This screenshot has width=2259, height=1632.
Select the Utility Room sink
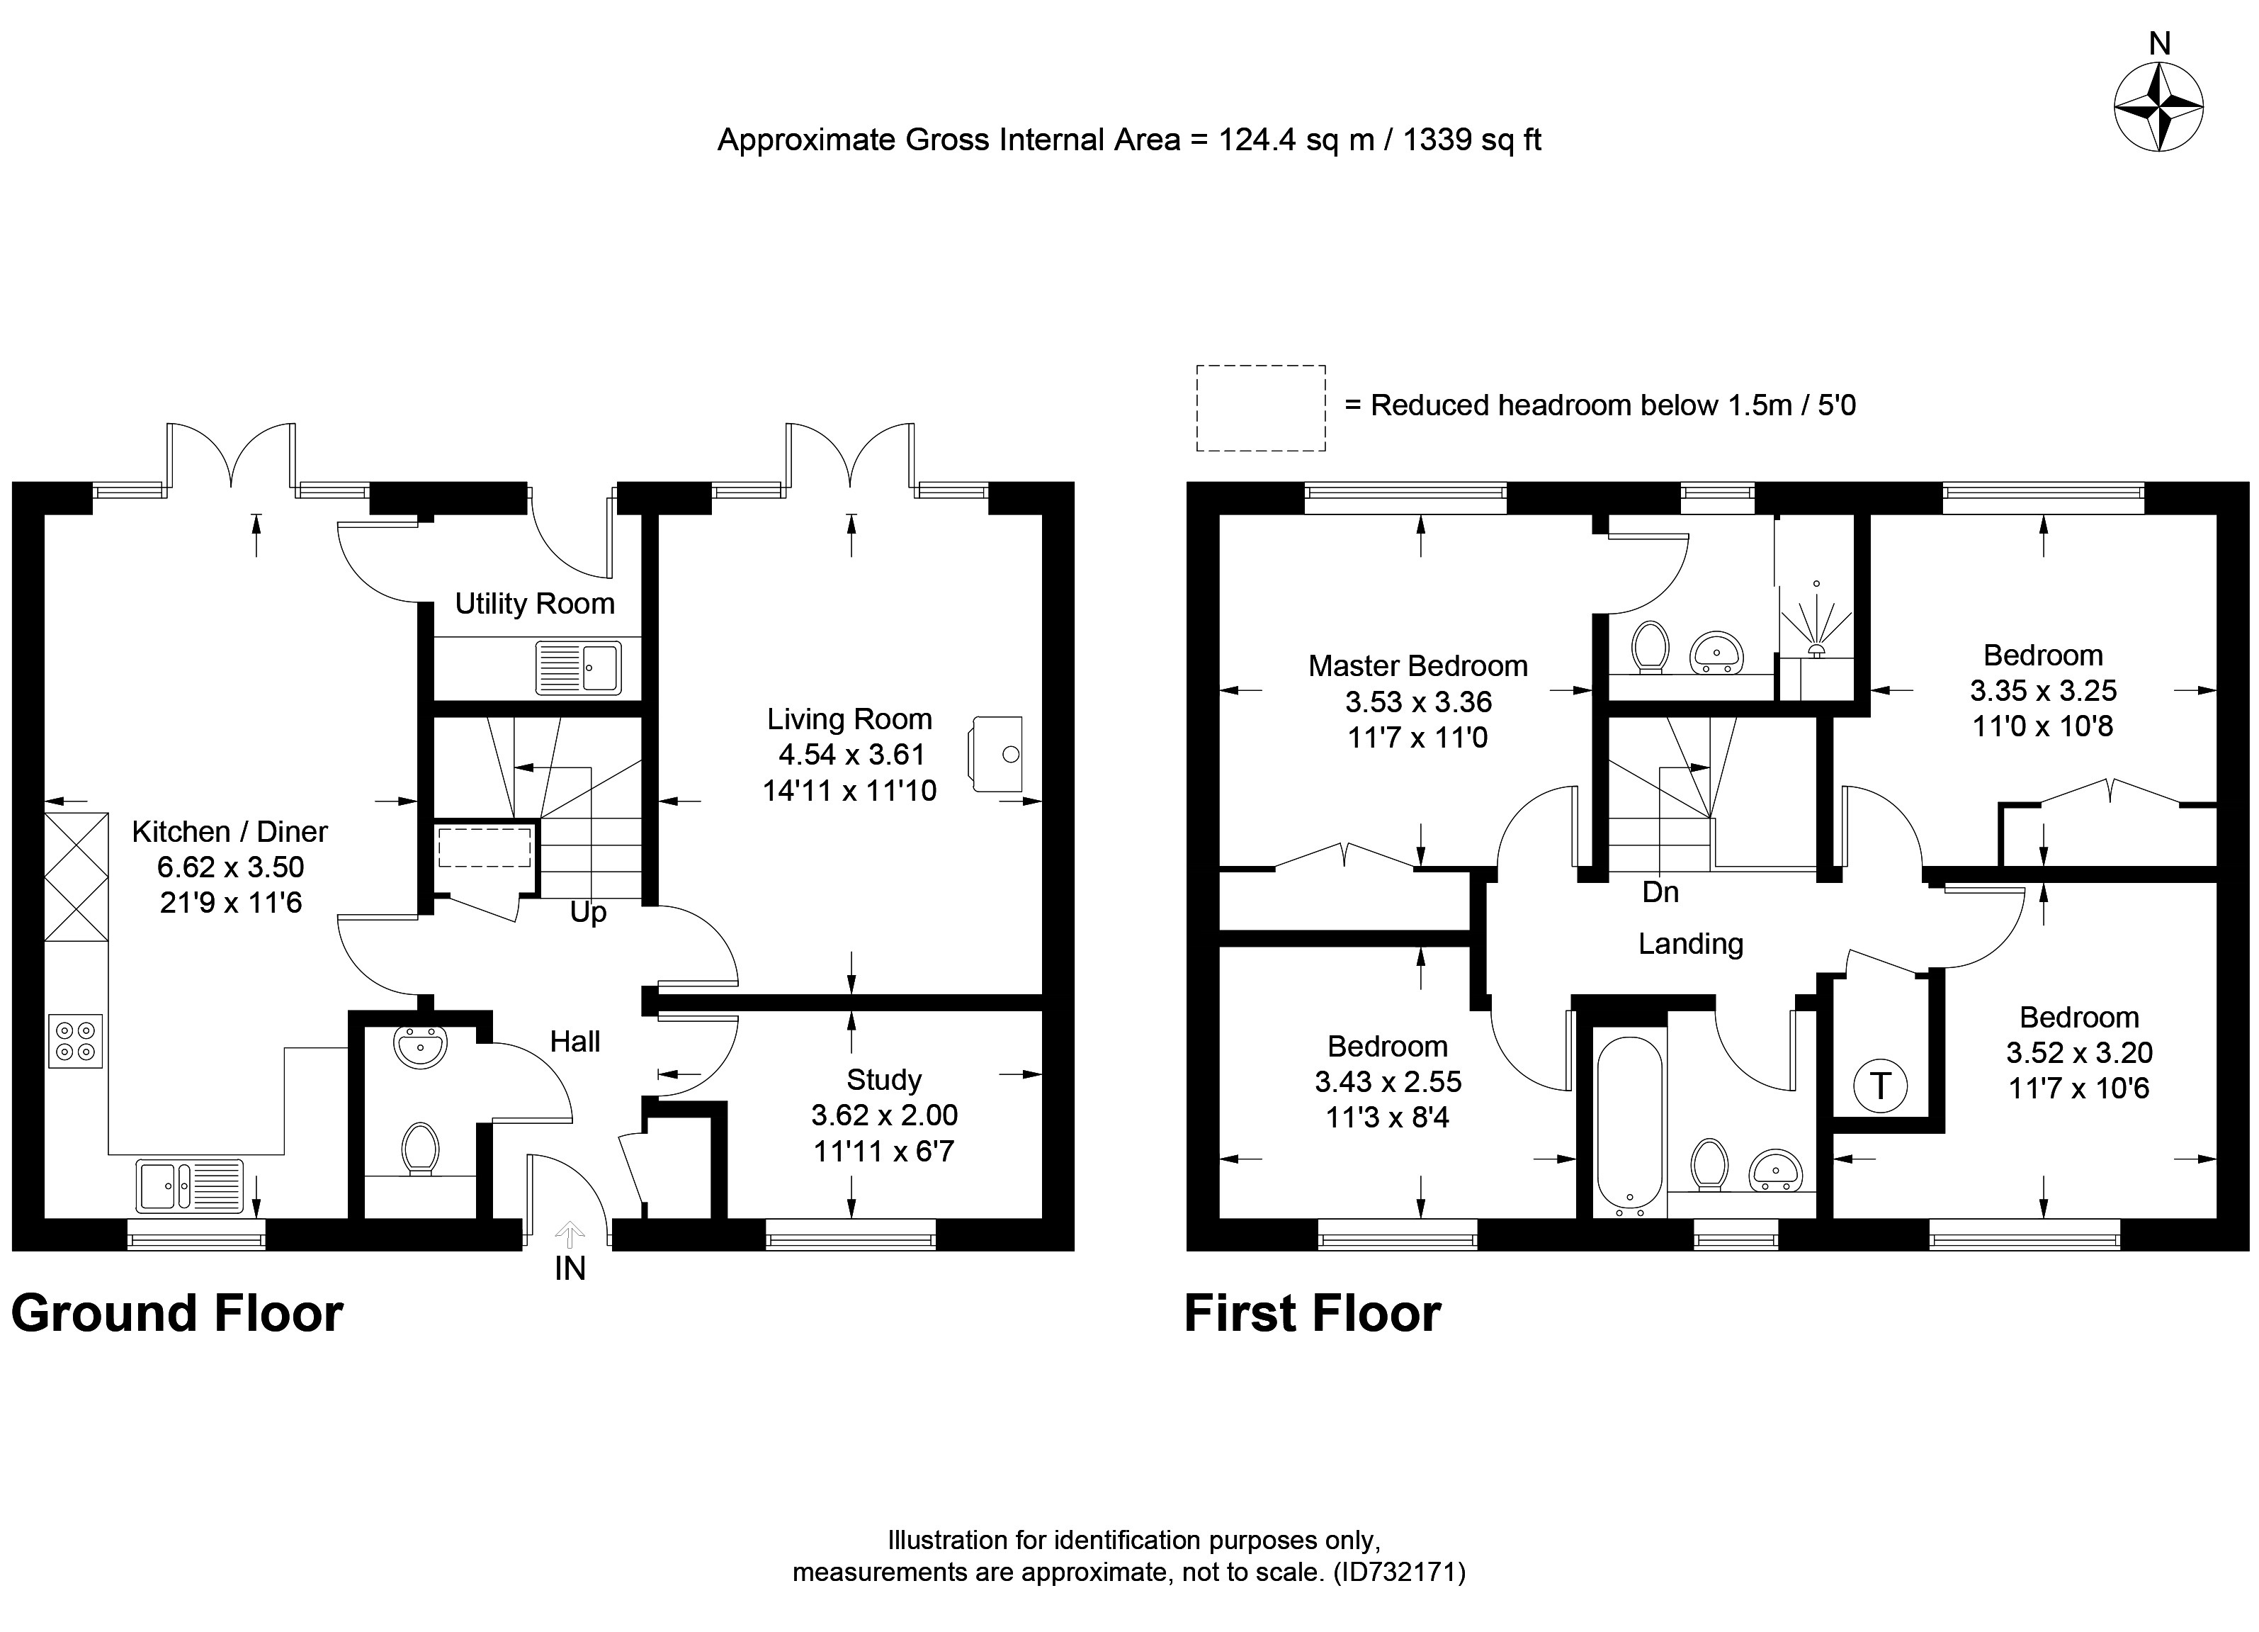click(578, 667)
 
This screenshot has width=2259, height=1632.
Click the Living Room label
click(849, 719)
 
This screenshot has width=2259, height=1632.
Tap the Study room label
click(883, 1079)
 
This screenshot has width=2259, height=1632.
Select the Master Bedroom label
click(1417, 665)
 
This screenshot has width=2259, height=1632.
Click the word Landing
click(1690, 943)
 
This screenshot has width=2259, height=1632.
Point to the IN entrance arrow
click(570, 1237)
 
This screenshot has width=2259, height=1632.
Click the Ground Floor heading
click(177, 1313)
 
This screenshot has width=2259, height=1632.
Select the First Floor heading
click(1312, 1313)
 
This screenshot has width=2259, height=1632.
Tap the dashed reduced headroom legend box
click(1260, 407)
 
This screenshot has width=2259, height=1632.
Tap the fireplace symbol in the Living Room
click(996, 753)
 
